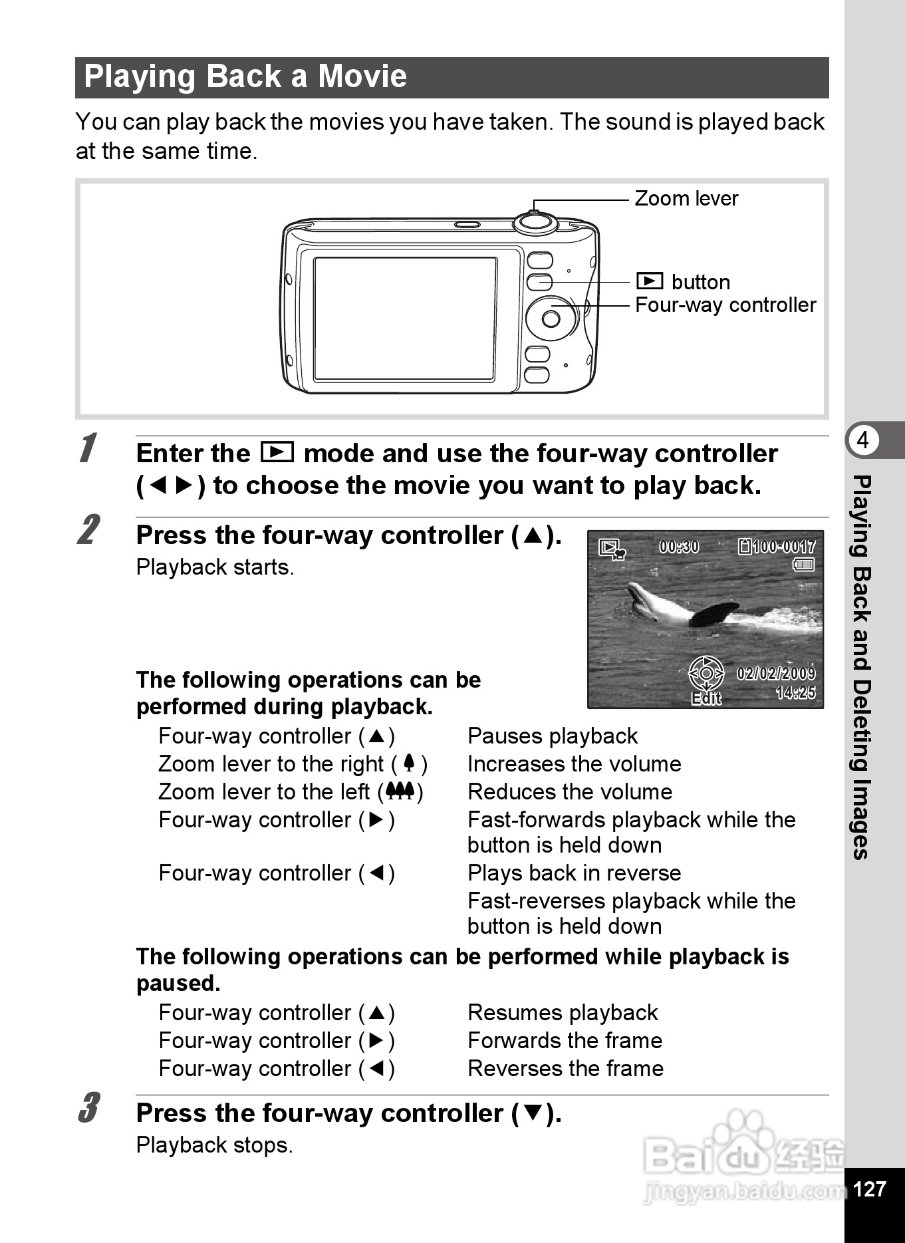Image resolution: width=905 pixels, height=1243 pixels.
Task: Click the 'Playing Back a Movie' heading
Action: coord(245,76)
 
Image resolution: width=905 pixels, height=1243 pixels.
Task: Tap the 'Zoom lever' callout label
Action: coord(686,198)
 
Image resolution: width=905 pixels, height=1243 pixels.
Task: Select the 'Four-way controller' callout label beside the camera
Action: coord(725,305)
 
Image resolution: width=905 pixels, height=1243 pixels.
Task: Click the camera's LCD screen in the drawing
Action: coord(404,319)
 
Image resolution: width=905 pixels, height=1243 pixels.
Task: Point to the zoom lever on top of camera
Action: coord(535,221)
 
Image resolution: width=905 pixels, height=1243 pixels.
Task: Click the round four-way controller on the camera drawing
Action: coord(551,319)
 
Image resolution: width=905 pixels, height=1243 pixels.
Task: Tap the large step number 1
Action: coord(88,448)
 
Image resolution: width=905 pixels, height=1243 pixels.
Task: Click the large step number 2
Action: coord(89,530)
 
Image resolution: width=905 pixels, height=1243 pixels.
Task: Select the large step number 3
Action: coord(89,1108)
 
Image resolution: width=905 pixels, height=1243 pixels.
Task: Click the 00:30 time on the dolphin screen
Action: coord(679,547)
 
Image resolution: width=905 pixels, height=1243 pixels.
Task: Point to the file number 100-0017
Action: coord(778,547)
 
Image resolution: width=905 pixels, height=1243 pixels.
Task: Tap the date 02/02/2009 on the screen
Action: coord(775,673)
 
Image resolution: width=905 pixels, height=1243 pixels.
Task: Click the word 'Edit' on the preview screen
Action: coord(706,698)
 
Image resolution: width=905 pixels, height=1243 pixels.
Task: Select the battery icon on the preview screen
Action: coord(804,565)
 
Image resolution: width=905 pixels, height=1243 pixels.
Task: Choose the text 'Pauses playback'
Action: coord(553,736)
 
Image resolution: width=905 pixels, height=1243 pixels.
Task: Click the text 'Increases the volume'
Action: coord(574,764)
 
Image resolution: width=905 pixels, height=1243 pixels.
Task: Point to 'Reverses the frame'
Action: coord(565,1069)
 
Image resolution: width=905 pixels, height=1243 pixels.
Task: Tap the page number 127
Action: coord(869,1188)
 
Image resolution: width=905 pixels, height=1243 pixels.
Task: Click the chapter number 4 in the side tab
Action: coord(862,440)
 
